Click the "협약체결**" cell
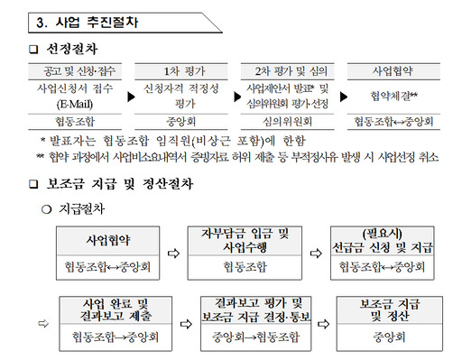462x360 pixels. [394, 95]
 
